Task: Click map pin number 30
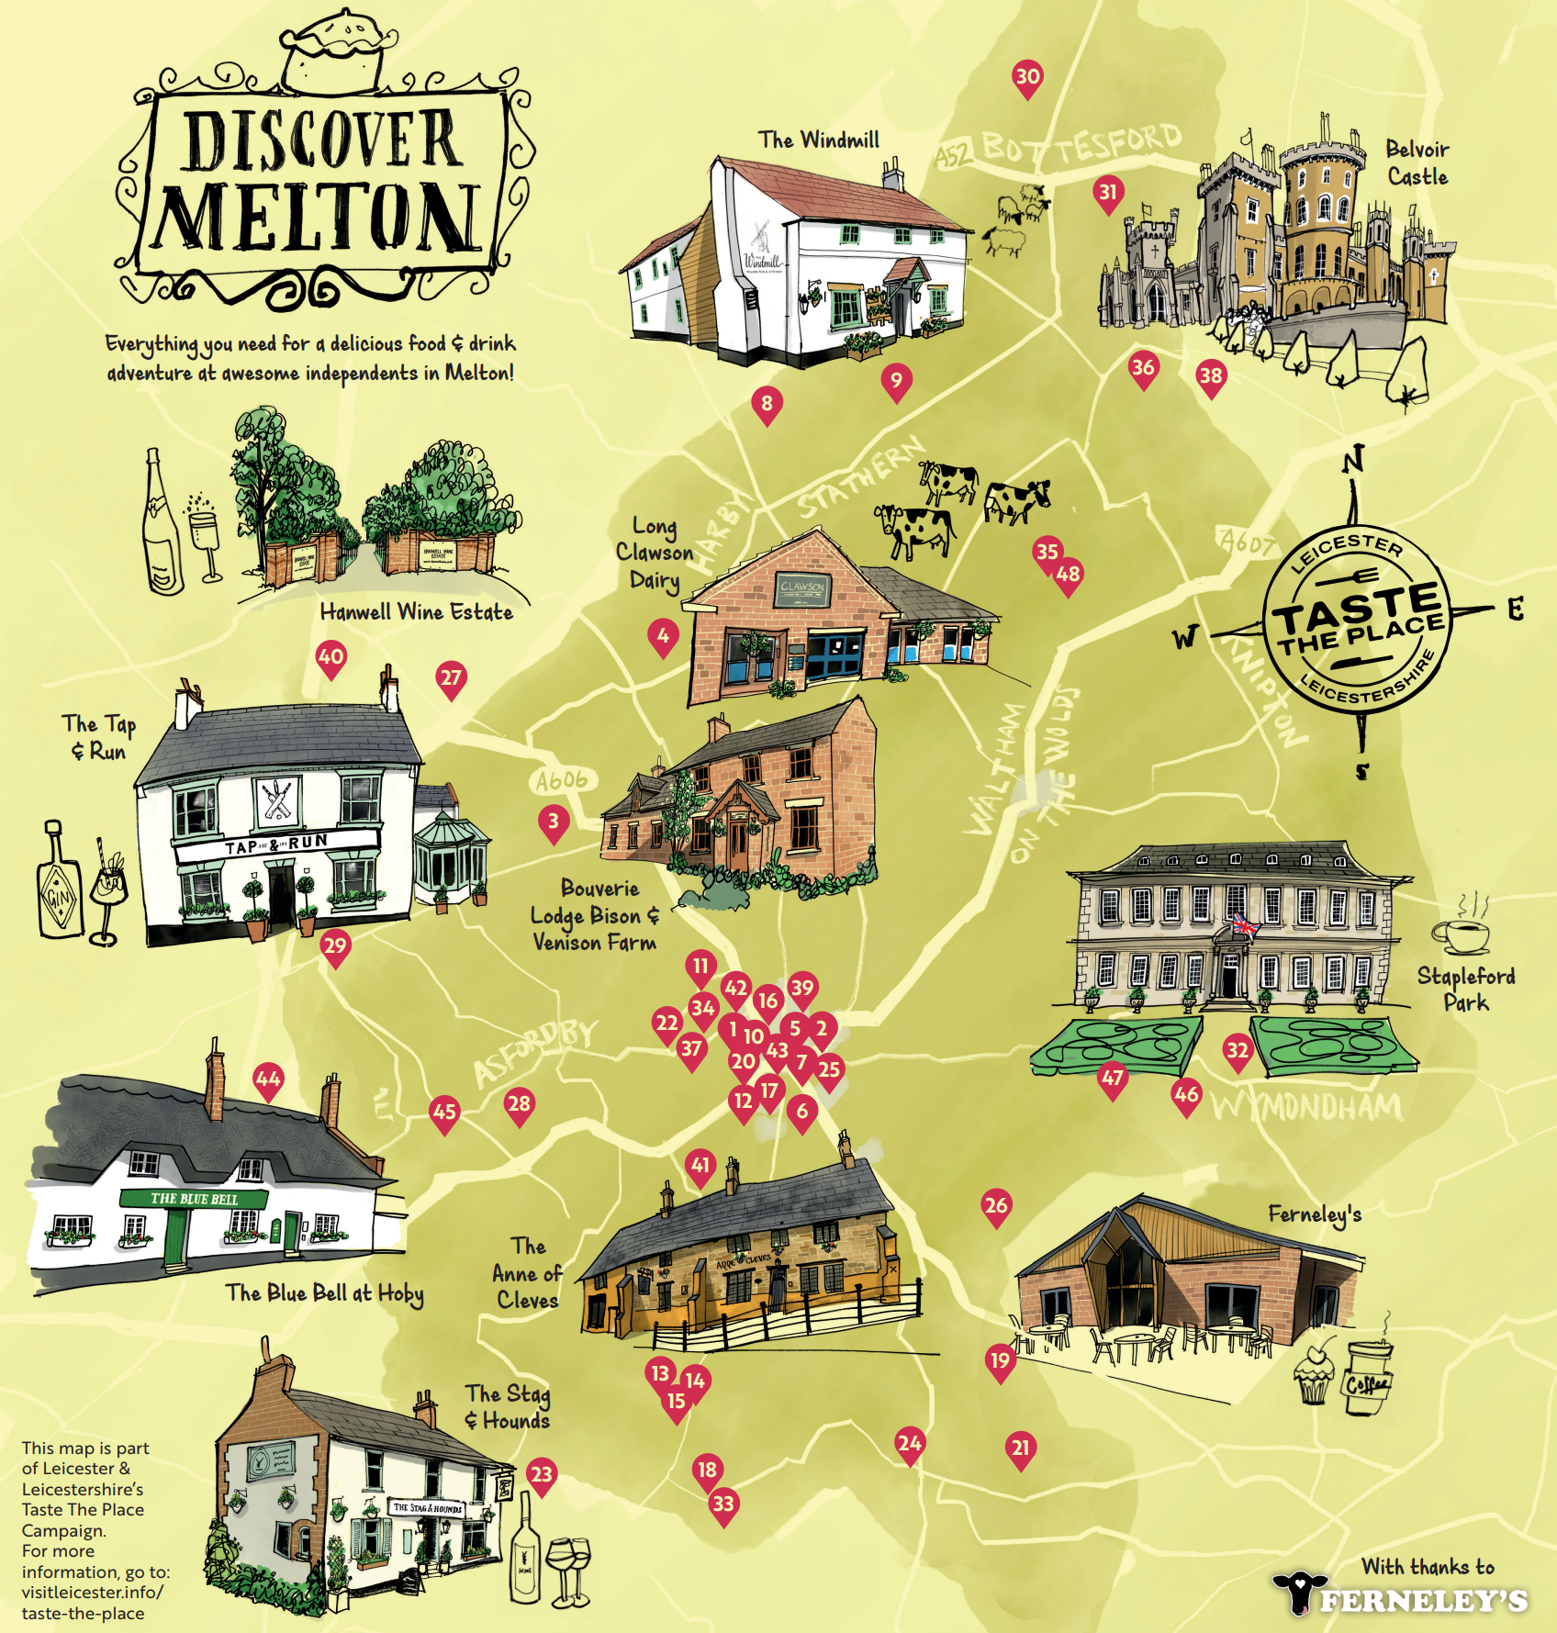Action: (1027, 77)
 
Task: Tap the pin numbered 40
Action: (330, 657)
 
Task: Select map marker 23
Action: (542, 1475)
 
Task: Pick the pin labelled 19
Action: (1000, 1360)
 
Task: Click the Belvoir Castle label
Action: (1417, 162)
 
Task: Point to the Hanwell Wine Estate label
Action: (416, 612)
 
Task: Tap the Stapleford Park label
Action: (1465, 989)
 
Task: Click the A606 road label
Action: (562, 781)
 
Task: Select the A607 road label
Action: (1246, 542)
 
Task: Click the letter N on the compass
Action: (1353, 459)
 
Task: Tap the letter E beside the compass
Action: (1515, 609)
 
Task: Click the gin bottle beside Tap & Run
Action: (60, 881)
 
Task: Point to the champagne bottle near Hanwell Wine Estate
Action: (162, 523)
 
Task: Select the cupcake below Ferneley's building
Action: (1313, 1373)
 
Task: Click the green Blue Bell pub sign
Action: (193, 1199)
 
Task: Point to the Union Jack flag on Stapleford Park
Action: (1245, 924)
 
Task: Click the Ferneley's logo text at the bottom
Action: (1423, 1601)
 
